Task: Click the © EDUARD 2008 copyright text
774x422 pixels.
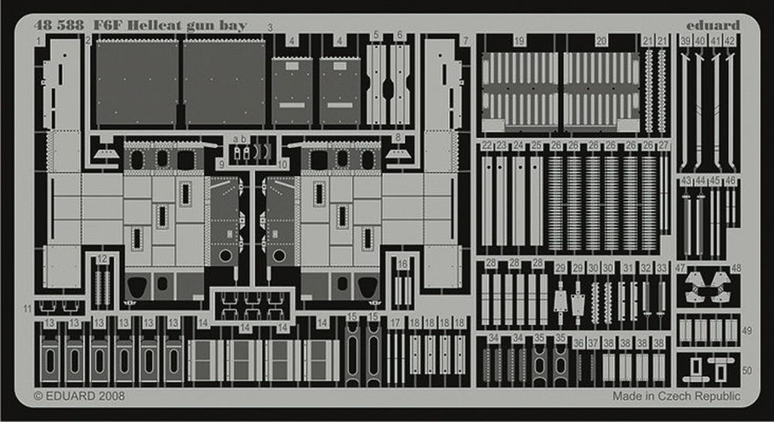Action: pos(80,396)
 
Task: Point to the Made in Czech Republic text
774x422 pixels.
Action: pos(675,396)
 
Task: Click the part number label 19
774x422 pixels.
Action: pos(519,41)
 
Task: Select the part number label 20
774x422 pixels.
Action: pos(601,41)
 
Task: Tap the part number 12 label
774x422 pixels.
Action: pos(102,260)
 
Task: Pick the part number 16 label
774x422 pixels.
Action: pos(402,264)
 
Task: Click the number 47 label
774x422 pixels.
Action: pos(680,267)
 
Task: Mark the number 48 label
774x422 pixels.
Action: pos(735,268)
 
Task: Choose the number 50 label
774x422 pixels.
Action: pos(746,371)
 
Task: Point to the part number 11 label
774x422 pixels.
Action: pos(28,308)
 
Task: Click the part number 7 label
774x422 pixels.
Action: pos(465,40)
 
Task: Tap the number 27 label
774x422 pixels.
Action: pos(663,145)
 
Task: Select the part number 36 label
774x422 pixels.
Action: pos(578,342)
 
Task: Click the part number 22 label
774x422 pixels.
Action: pos(486,145)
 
